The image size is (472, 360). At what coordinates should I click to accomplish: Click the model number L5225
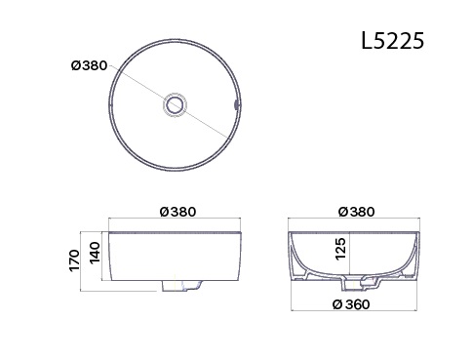393,41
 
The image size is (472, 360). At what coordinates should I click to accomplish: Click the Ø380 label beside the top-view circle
89,65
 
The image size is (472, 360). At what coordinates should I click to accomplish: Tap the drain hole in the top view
175,104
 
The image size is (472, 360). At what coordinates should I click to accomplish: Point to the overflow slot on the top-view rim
236,104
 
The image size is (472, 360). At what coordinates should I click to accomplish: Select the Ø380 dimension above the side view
178,212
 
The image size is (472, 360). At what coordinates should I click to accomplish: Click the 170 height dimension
74,260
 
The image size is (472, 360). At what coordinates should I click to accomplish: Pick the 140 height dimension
95,253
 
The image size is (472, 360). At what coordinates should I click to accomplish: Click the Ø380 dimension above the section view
357,212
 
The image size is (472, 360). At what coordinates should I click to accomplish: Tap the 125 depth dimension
340,249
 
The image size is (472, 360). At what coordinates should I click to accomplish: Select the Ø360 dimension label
351,304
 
